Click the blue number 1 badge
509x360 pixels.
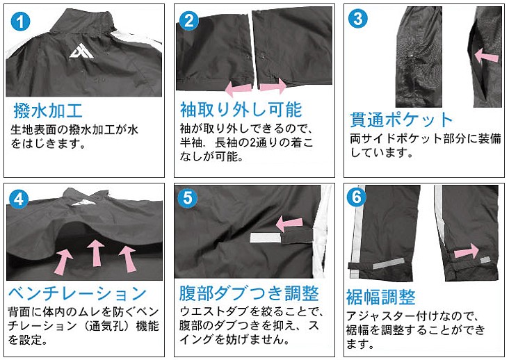pyautogui.click(x=20, y=22)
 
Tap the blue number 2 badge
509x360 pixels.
pyautogui.click(x=189, y=21)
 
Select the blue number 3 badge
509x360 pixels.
pyautogui.click(x=357, y=19)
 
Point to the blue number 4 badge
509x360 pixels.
pyautogui.click(x=19, y=199)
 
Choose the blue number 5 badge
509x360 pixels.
pyautogui.click(x=188, y=199)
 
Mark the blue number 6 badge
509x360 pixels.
pyautogui.click(x=357, y=197)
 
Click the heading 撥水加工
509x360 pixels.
pyautogui.click(x=48, y=111)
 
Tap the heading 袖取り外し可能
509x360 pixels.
pyautogui.click(x=241, y=109)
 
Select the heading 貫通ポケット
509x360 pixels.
pyautogui.click(x=401, y=120)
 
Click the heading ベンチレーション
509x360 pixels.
pyautogui.click(x=78, y=293)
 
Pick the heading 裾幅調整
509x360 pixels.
pyautogui.click(x=381, y=297)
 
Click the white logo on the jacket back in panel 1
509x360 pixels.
pyautogui.click(x=81, y=51)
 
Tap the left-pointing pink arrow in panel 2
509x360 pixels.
pyautogui.click(x=239, y=88)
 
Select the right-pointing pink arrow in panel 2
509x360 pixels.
pyautogui.click(x=273, y=87)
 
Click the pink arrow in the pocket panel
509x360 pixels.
pyautogui.click(x=486, y=56)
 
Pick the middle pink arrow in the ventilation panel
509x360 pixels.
pyautogui.click(x=95, y=253)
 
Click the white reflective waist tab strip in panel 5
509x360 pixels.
pyautogui.click(x=265, y=238)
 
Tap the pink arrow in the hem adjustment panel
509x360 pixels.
pyautogui.click(x=467, y=251)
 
